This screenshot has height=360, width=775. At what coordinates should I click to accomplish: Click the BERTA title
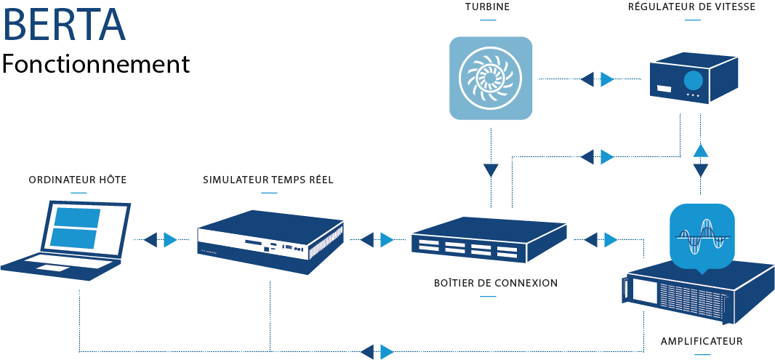64,24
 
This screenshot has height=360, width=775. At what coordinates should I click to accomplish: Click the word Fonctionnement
96,64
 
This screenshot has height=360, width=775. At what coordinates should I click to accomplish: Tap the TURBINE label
487,7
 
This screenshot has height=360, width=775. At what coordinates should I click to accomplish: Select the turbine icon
491,78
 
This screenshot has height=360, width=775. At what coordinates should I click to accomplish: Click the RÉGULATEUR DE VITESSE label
692,7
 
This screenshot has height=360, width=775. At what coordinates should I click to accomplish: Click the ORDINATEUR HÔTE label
78,180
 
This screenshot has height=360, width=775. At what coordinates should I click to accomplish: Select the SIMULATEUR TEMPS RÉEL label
268,180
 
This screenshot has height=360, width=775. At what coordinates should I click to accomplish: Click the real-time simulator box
270,241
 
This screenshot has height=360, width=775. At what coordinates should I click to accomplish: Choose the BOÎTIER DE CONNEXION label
496,284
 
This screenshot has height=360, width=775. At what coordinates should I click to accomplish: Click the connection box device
489,239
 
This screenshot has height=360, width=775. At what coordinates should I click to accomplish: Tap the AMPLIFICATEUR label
702,341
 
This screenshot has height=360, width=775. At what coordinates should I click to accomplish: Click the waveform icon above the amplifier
702,236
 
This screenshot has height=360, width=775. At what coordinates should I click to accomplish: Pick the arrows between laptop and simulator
160,240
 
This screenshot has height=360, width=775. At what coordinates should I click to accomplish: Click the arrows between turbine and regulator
597,79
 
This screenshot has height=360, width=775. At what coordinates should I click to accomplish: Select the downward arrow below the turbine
491,171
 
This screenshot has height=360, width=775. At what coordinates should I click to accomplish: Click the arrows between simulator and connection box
377,240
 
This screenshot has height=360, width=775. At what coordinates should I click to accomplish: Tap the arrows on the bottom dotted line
377,352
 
